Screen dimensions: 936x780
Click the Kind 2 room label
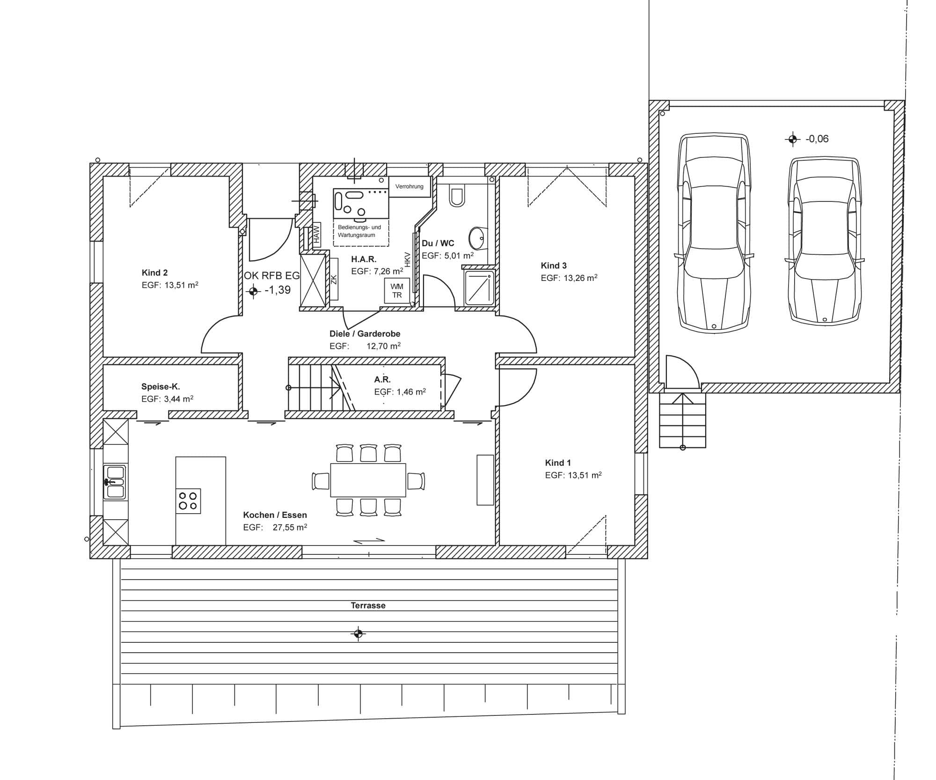(154, 272)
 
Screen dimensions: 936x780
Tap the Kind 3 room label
(554, 265)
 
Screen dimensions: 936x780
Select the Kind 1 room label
(558, 463)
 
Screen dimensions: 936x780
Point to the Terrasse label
(368, 605)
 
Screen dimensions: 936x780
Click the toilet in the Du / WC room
(457, 195)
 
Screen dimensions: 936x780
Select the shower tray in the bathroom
(479, 287)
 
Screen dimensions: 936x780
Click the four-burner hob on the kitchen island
(188, 501)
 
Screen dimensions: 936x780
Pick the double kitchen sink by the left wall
(115, 482)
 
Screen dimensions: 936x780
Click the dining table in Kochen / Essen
(368, 480)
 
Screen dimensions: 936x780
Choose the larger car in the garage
(714, 233)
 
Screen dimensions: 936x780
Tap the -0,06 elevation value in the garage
(817, 139)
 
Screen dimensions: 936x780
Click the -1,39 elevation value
(278, 290)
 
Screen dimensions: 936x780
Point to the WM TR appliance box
(397, 291)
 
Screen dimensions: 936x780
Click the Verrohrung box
(409, 186)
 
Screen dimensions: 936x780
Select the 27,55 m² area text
(290, 527)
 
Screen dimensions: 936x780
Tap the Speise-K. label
(161, 387)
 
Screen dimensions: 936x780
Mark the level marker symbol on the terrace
(358, 633)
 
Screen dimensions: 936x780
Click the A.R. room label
(382, 379)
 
